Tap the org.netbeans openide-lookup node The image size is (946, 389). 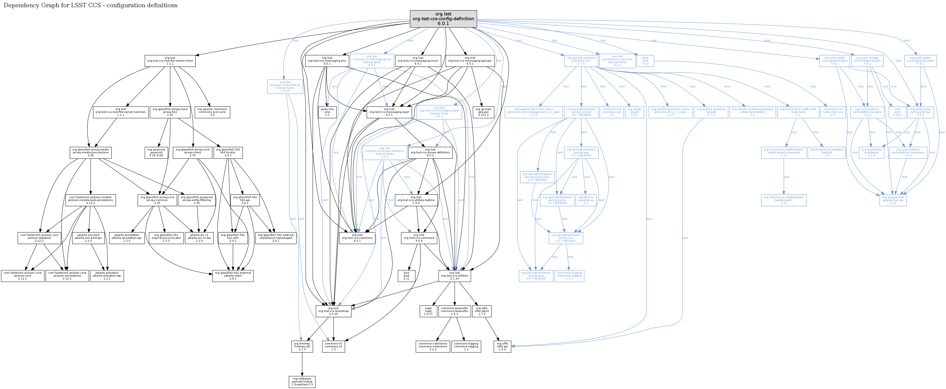302,382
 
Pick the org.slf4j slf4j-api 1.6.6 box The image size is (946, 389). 502,346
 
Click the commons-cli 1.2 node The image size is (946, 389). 333,346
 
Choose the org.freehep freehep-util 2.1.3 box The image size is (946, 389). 302,346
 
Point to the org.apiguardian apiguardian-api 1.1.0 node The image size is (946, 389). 893,200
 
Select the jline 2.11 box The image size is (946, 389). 406,276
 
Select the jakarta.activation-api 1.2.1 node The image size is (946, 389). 107,276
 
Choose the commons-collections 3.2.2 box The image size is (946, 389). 433,346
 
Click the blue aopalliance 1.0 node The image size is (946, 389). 586,200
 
